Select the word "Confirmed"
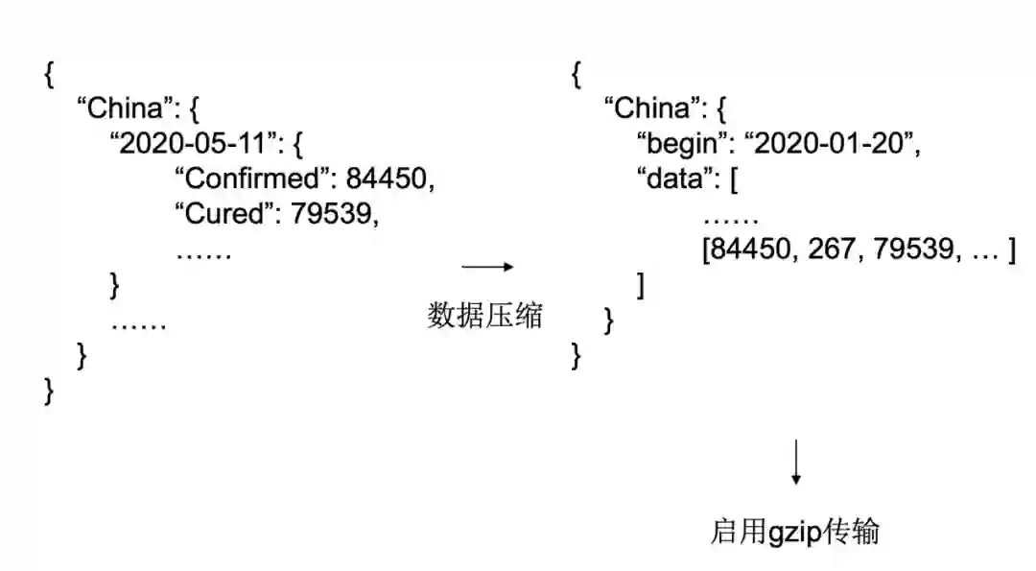pyautogui.click(x=246, y=178)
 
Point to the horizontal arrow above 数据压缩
pyautogui.click(x=487, y=267)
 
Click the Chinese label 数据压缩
pyautogui.click(x=484, y=316)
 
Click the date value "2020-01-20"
pyautogui.click(x=830, y=143)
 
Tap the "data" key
pyautogui.click(x=671, y=178)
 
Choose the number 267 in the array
pyautogui.click(x=831, y=250)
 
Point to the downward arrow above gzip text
pyautogui.click(x=795, y=463)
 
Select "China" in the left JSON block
pyautogui.click(x=124, y=107)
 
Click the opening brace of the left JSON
pyautogui.click(x=49, y=75)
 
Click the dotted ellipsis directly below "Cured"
pyautogui.click(x=203, y=252)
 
